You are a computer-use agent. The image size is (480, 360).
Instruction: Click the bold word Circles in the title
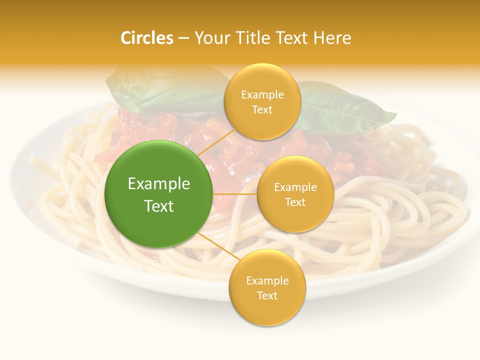click(147, 38)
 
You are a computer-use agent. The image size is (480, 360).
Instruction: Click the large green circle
click(158, 194)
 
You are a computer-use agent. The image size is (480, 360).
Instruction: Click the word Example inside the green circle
click(159, 184)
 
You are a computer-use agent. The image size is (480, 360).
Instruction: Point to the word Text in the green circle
click(159, 206)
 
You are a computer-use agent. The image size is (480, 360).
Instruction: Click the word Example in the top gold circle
click(262, 95)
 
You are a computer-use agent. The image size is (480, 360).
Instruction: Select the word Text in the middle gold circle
click(295, 202)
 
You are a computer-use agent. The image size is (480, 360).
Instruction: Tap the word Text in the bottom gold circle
click(267, 296)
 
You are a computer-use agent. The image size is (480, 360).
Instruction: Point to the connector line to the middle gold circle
click(235, 194)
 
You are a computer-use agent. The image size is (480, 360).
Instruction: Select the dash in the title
click(183, 38)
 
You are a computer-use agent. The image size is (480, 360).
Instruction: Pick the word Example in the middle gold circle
click(295, 187)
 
